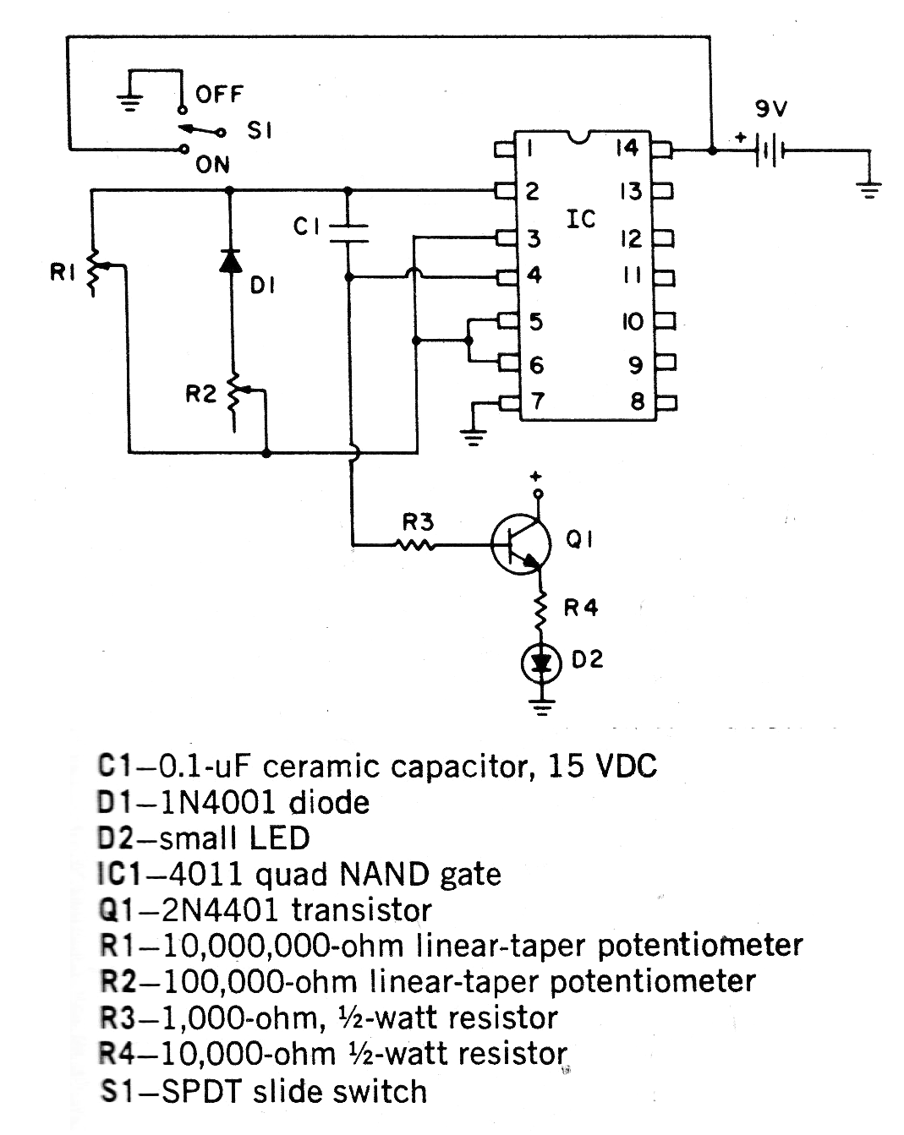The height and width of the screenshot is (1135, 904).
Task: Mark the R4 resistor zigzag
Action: tap(540, 608)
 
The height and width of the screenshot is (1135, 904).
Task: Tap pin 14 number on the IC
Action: tap(627, 148)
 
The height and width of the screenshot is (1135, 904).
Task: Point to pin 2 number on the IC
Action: tap(532, 192)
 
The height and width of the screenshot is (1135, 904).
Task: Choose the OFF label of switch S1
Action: tap(220, 94)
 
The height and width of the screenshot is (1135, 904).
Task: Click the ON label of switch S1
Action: tap(212, 165)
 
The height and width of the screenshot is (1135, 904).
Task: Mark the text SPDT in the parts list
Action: tap(200, 1091)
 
